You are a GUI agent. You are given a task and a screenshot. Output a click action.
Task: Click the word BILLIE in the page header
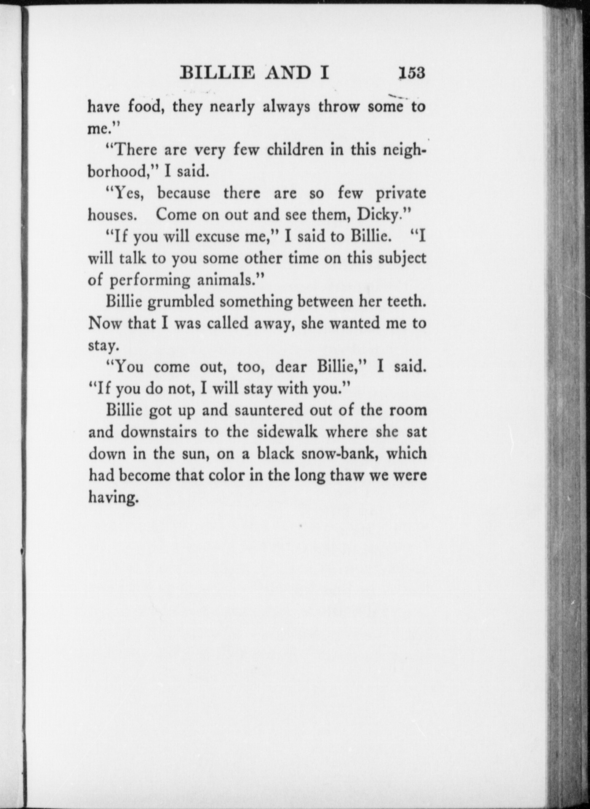(x=217, y=73)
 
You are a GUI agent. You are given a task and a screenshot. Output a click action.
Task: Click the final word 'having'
(x=113, y=498)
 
